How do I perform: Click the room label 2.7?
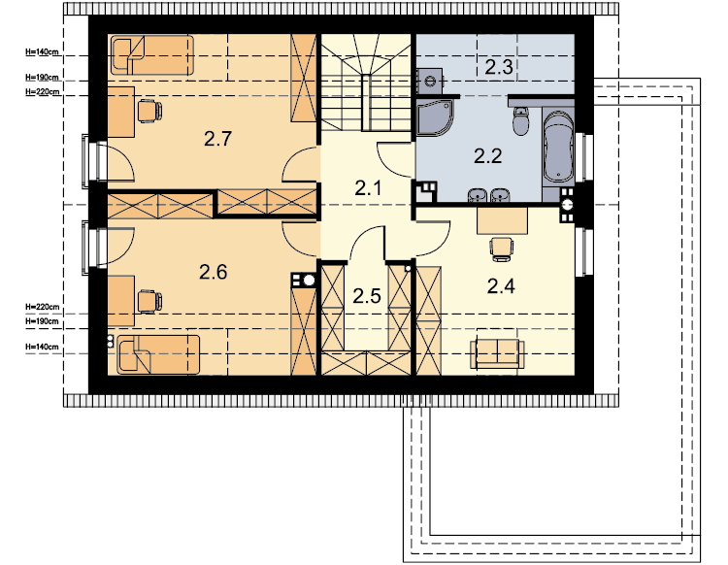tap(217, 139)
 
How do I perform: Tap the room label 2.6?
tap(214, 272)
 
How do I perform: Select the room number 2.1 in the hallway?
tap(368, 188)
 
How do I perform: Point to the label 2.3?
tap(499, 67)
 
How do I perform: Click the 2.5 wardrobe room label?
tap(367, 296)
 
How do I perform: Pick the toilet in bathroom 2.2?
tap(521, 120)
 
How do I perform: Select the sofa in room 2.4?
tap(497, 353)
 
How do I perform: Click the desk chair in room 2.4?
tap(502, 248)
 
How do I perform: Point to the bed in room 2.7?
tap(151, 55)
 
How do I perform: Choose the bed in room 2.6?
tap(158, 354)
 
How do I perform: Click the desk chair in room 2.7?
tap(150, 111)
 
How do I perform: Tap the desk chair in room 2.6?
tap(150, 302)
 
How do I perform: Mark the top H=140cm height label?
tap(42, 52)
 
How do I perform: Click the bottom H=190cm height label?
tap(42, 321)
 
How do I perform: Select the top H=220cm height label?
tap(42, 92)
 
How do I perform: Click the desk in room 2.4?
tap(503, 221)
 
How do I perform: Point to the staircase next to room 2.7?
tap(366, 83)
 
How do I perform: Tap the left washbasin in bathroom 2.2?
tap(477, 195)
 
